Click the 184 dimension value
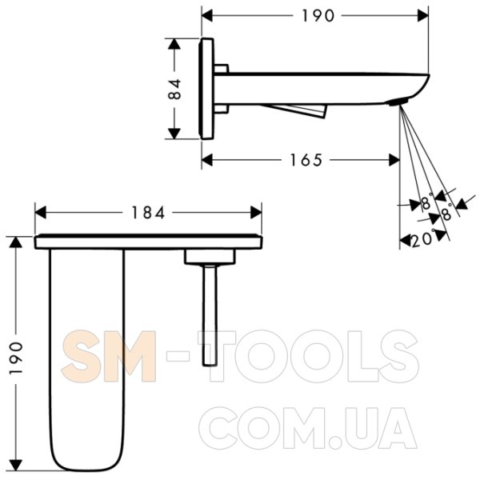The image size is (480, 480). click(x=148, y=213)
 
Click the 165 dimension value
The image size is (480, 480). click(x=306, y=160)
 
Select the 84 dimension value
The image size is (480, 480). click(x=174, y=89)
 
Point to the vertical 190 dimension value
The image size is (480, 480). click(x=16, y=358)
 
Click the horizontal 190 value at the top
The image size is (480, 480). click(x=318, y=16)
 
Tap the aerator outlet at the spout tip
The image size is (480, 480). click(x=397, y=102)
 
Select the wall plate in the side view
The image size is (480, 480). click(x=206, y=89)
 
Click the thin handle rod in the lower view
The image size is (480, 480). click(x=210, y=315)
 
